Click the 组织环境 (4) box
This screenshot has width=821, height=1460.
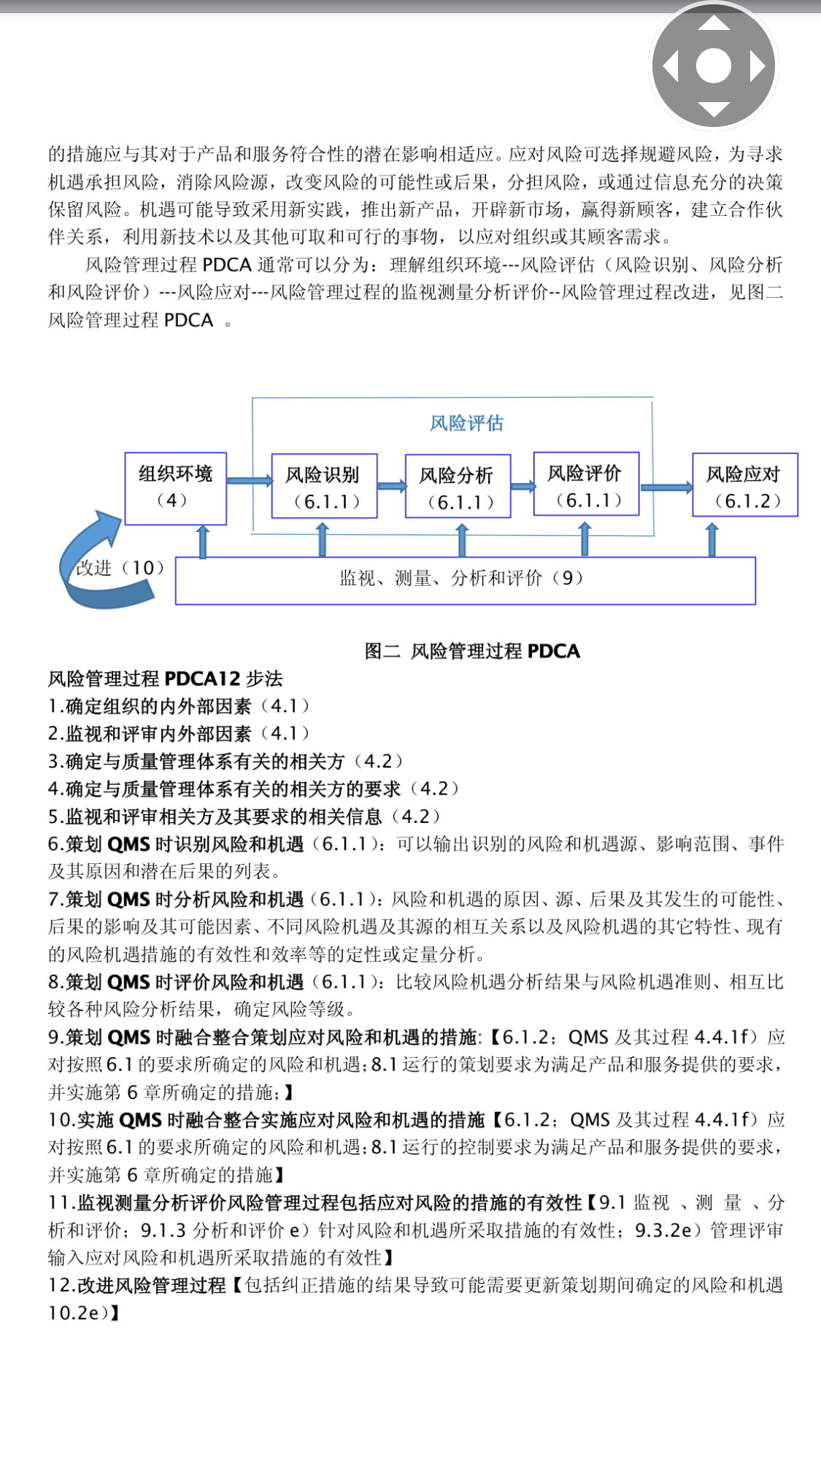(x=175, y=487)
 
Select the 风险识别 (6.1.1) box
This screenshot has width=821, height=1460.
(x=324, y=487)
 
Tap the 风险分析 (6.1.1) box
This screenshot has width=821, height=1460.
(x=458, y=487)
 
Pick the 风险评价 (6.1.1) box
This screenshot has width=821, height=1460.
(x=586, y=484)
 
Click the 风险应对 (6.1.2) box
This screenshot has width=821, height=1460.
(x=744, y=485)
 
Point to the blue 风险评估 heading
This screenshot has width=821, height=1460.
(x=466, y=423)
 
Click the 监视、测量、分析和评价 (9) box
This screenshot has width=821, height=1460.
(x=465, y=580)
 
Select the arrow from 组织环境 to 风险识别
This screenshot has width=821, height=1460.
(x=249, y=481)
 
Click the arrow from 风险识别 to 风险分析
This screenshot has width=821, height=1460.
(x=392, y=487)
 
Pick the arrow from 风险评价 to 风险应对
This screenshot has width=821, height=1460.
(x=666, y=487)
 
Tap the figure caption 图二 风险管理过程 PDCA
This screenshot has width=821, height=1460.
(x=472, y=651)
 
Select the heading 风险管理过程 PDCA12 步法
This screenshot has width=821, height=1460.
(x=166, y=679)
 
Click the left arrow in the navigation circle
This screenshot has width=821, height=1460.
(x=670, y=66)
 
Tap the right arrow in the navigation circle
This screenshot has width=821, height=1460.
(x=758, y=66)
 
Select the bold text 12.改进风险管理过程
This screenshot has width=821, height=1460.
(x=138, y=1286)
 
